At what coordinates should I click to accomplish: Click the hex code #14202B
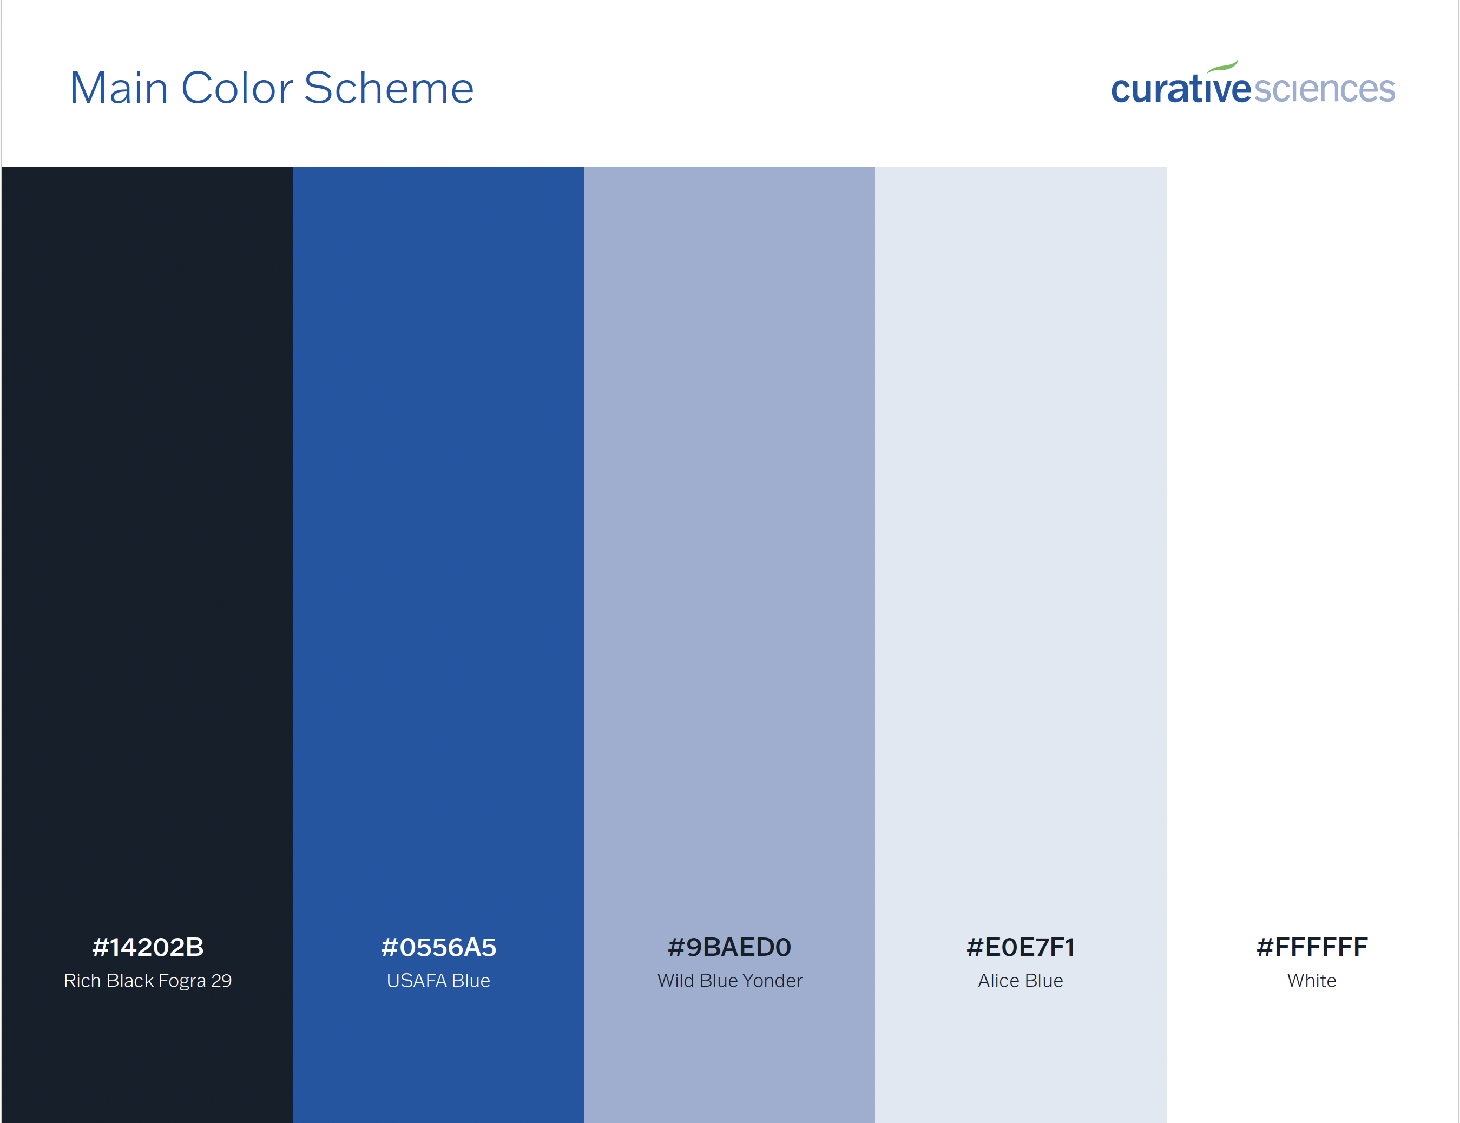pos(148,947)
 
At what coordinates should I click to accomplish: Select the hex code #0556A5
pos(438,947)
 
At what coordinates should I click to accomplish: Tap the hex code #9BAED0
pos(729,947)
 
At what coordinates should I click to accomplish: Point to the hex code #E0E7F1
pos(1021,947)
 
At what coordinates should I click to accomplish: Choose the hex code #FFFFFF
pos(1312,947)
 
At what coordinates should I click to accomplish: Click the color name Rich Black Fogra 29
pos(148,981)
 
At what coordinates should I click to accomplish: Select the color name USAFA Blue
pos(438,981)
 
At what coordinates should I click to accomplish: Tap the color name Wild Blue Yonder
pos(730,981)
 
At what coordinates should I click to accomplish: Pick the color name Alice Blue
pos(1021,981)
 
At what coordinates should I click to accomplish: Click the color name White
pos(1312,981)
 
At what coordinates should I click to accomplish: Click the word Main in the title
pos(119,88)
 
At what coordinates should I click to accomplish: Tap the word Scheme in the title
pos(389,88)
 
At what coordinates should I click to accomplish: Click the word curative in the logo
pos(1181,88)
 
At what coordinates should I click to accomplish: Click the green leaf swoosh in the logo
pos(1222,65)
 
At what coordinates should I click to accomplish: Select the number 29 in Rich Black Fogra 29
pos(221,981)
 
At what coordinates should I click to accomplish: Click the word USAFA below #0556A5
pos(417,981)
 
